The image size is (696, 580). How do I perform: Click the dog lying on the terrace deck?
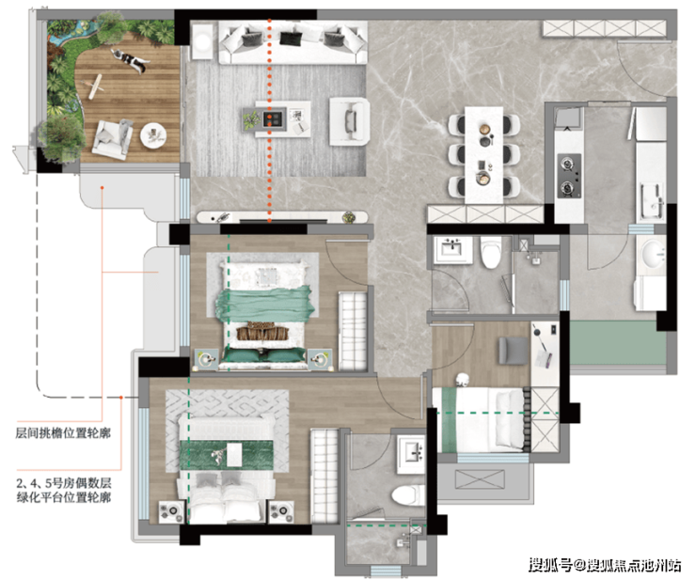(129, 60)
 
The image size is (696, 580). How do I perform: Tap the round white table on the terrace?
(153, 133)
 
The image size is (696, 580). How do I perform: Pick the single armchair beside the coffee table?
(349, 121)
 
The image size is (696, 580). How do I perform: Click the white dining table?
(483, 155)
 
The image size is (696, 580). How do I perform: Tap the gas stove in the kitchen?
(569, 176)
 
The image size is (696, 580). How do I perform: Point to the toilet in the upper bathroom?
(491, 252)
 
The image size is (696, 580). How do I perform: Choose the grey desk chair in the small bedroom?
(514, 351)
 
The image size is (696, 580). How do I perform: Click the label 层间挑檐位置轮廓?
(63, 432)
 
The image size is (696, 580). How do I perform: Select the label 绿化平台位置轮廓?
(63, 497)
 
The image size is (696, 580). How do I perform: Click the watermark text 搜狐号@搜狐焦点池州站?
(605, 565)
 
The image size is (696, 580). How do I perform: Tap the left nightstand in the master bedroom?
(171, 511)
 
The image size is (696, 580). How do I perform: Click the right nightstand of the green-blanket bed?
(321, 359)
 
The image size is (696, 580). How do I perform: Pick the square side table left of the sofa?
(202, 41)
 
